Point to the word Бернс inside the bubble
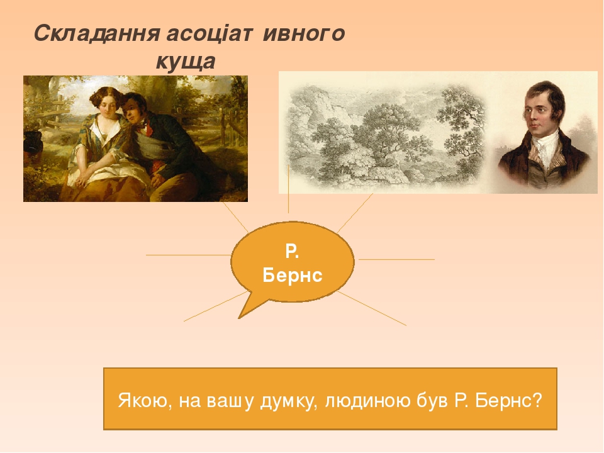click(292, 276)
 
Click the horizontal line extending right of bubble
click(396, 259)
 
